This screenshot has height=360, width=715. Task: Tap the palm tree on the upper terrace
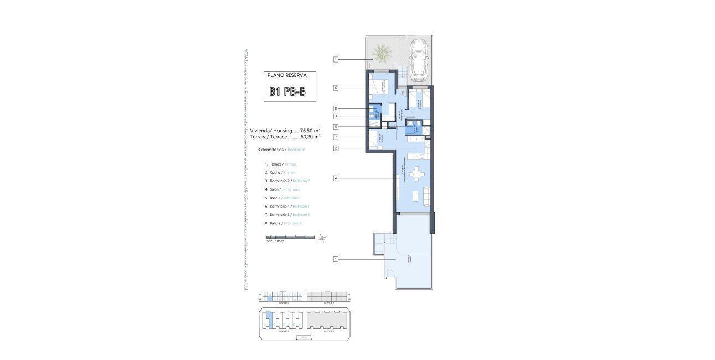[x=382, y=54]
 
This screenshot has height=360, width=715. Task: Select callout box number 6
[x=336, y=88]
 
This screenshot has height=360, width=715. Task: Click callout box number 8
[x=336, y=109]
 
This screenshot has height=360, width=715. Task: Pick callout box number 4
[x=336, y=178]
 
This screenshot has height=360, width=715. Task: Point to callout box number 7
[x=336, y=137]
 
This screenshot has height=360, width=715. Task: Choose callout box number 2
[x=336, y=148]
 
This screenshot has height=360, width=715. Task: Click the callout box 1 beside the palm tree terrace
[x=336, y=59]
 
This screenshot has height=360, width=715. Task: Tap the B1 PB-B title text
[x=287, y=92]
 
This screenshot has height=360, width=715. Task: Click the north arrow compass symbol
[x=321, y=238]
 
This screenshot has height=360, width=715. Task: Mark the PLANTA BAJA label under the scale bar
[x=275, y=241]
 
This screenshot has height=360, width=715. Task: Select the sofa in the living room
[x=426, y=195]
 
